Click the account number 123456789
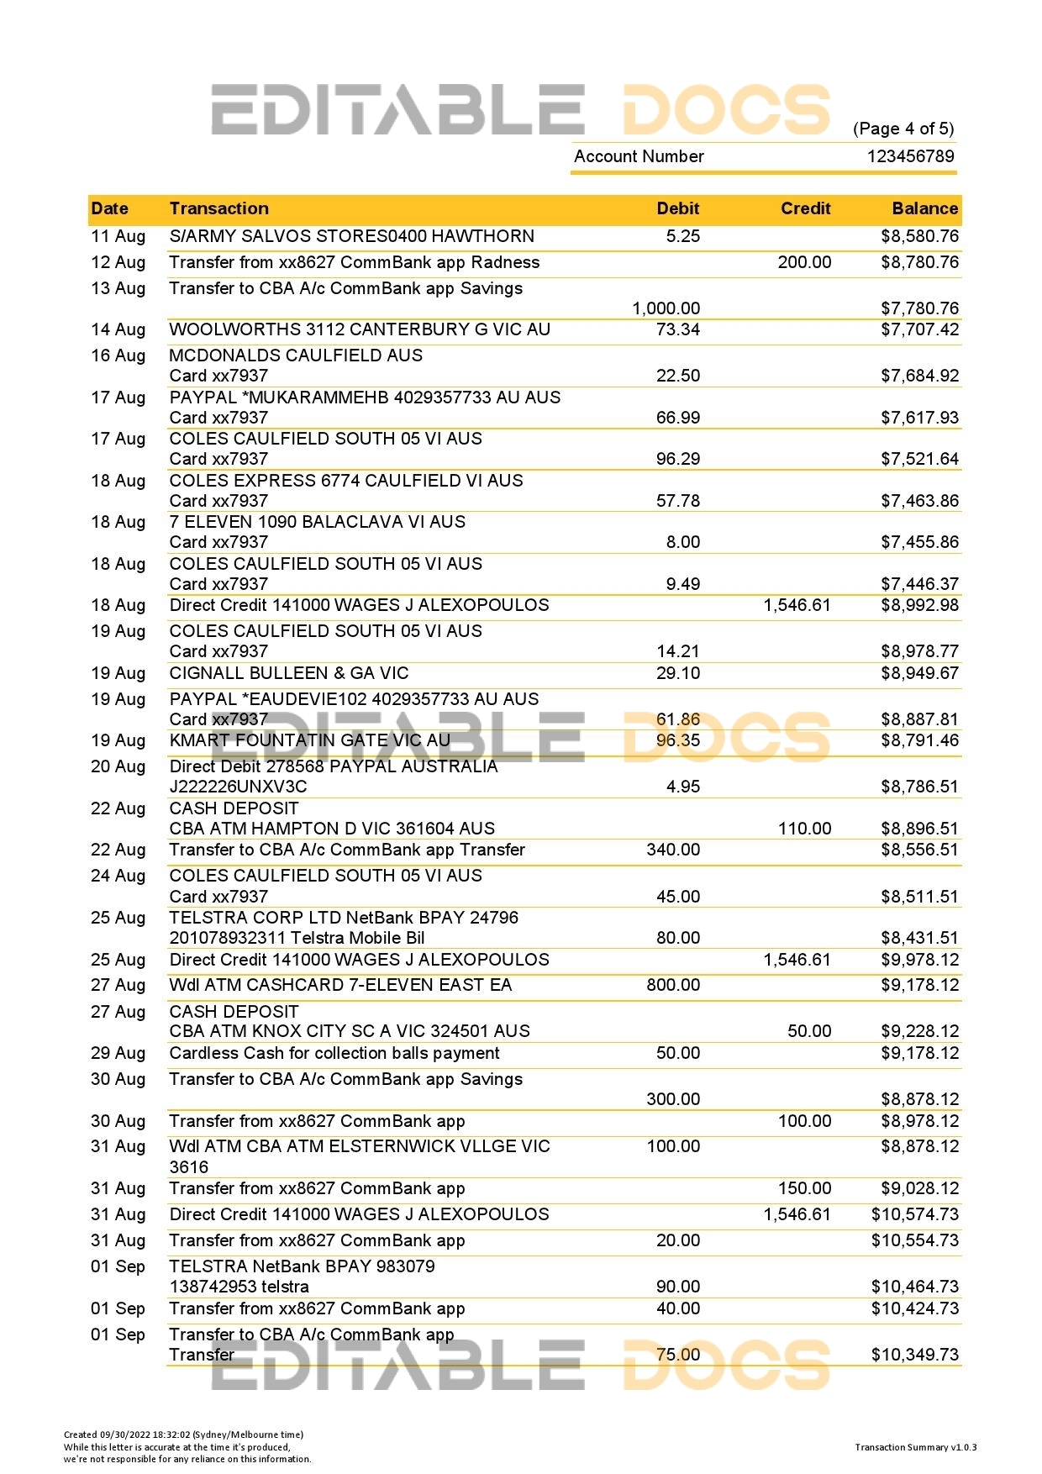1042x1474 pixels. click(911, 156)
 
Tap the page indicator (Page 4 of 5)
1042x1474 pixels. click(903, 129)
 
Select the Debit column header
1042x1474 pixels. click(678, 208)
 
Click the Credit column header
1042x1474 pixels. click(805, 208)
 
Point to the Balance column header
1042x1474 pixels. click(924, 208)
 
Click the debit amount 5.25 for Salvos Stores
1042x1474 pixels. click(682, 236)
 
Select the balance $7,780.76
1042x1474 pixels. click(919, 308)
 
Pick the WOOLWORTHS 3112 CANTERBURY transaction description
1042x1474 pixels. click(360, 329)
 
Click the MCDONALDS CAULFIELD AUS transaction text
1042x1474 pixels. click(296, 355)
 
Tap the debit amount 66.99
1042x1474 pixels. click(677, 418)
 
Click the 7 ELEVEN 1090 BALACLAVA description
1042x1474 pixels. click(317, 522)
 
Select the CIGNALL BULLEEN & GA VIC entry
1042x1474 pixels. click(289, 673)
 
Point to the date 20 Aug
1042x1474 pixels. click(118, 766)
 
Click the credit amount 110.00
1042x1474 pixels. click(804, 829)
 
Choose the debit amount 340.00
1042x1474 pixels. click(672, 850)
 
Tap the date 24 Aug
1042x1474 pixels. click(118, 876)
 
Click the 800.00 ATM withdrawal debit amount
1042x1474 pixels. click(672, 985)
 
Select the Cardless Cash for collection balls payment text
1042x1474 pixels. click(334, 1053)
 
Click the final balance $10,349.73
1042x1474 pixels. click(914, 1355)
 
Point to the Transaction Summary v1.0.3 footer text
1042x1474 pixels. click(915, 1447)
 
